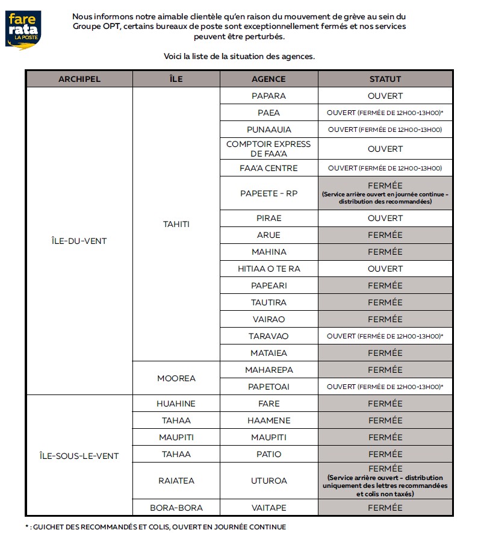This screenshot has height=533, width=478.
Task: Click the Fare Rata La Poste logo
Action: [x=24, y=30]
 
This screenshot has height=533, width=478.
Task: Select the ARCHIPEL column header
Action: [x=79, y=79]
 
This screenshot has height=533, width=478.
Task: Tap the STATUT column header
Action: [x=385, y=79]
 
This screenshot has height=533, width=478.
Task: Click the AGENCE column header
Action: [x=268, y=79]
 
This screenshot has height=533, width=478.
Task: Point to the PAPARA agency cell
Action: [x=268, y=96]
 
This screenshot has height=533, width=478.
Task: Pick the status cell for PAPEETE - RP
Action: [x=385, y=193]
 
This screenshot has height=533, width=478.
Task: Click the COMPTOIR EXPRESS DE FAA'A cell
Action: [x=268, y=149]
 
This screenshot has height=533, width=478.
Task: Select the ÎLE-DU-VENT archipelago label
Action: [x=79, y=242]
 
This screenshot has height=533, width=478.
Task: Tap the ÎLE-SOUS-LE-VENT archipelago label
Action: [x=79, y=456]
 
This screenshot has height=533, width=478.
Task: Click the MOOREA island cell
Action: [x=176, y=378]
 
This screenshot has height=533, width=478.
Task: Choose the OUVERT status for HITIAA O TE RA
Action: [x=385, y=269]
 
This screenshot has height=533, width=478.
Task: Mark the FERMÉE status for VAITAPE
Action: [x=385, y=508]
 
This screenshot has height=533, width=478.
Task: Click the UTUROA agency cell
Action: [x=268, y=481]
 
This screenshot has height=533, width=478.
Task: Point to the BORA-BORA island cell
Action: [x=176, y=508]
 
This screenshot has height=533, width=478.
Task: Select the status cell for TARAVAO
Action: [x=385, y=336]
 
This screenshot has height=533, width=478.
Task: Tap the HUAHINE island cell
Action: [x=176, y=404]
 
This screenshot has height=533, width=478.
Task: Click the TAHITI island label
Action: [x=176, y=224]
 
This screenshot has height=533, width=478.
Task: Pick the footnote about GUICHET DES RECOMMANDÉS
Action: [x=155, y=526]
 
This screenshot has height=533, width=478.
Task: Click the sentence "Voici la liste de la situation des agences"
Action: [x=239, y=56]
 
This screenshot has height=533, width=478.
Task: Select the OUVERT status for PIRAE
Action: [x=385, y=218]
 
